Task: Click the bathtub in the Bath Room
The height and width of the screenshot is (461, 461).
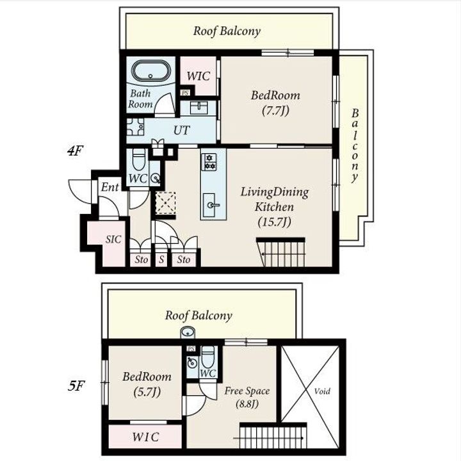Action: pos(150,72)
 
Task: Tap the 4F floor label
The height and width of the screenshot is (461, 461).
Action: pos(76,151)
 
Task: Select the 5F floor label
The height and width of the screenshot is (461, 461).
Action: pos(76,385)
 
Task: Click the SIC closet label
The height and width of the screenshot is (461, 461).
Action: pos(113,239)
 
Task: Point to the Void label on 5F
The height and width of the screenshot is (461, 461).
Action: pos(322,391)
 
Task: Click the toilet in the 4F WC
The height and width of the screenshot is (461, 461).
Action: pos(139,159)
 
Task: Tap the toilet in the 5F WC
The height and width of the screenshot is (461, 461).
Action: pos(208,357)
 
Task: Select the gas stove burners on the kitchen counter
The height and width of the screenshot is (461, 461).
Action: pos(209,162)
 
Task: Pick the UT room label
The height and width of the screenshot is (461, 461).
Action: pos(182,130)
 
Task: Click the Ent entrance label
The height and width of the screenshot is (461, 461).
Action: pos(109,187)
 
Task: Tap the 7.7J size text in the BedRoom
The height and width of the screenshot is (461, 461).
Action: pos(275,111)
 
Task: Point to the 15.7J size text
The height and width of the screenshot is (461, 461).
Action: pos(274,222)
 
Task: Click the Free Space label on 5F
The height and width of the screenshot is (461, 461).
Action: pos(247,391)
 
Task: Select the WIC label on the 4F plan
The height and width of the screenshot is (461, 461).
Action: pos(198,76)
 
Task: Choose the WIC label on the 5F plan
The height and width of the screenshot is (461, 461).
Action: pos(146,437)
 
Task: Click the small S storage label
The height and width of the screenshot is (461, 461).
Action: pos(161,259)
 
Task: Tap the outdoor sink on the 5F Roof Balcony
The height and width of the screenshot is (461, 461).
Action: pos(188,332)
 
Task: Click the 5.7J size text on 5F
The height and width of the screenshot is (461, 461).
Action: pos(147,392)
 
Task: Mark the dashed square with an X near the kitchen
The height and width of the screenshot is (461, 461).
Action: pos(166,203)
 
